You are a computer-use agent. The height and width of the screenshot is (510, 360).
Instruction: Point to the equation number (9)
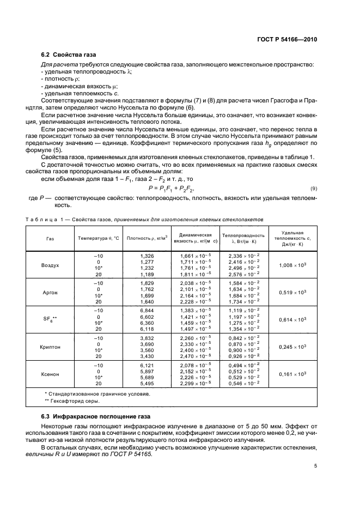[x=313, y=188]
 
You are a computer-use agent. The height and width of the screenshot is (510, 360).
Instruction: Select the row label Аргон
[x=50, y=293]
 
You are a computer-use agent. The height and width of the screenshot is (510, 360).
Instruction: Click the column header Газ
[x=50, y=239]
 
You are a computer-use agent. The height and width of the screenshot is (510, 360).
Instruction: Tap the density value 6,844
[x=147, y=310]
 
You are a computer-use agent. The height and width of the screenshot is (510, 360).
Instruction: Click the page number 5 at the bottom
[x=315, y=466]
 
